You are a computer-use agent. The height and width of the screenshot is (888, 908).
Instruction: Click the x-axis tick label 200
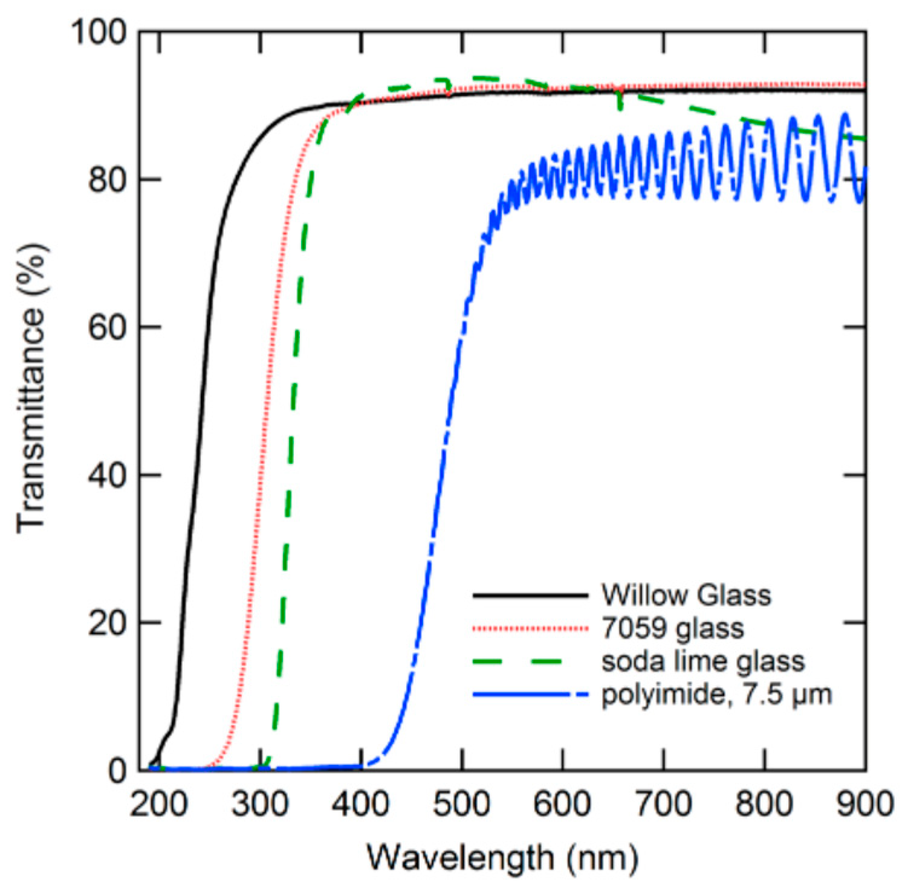point(157,805)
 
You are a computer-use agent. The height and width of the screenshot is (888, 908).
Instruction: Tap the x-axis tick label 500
point(462,805)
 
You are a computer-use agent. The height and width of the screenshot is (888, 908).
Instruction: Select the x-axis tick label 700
point(664,805)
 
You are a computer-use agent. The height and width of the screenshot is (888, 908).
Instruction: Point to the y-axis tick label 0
point(117,771)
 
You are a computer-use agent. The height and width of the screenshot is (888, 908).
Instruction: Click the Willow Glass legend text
point(686,596)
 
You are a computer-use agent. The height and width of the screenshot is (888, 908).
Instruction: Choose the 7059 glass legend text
point(672,629)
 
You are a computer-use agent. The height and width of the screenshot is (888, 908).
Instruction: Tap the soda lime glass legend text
point(703,661)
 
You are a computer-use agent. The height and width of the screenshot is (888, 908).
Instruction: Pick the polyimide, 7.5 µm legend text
point(716,695)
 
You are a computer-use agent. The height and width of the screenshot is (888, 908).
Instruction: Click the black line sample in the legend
point(530,596)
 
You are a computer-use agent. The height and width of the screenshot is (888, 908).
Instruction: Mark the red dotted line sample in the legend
point(530,629)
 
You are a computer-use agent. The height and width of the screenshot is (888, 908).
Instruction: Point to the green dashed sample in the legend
point(530,661)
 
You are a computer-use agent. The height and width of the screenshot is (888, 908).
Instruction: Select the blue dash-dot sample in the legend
point(530,695)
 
